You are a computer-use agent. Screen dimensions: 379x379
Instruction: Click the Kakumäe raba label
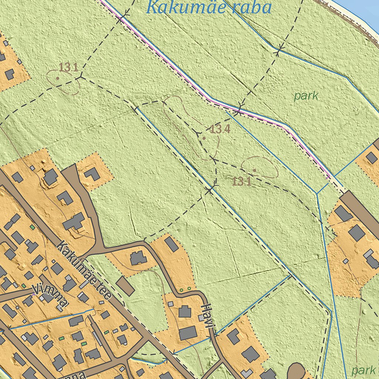point(209,7)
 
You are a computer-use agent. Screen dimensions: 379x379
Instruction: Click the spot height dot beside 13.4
point(204,138)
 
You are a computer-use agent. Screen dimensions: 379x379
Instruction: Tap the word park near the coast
point(306,96)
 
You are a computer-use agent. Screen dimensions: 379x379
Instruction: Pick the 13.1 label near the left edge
point(68,67)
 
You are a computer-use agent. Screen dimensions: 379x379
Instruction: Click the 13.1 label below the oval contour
point(242,181)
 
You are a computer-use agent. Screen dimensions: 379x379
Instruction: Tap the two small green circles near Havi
point(185,288)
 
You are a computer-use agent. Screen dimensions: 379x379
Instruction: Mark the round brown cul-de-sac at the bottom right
point(297,371)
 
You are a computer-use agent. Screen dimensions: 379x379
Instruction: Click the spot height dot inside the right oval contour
point(255,170)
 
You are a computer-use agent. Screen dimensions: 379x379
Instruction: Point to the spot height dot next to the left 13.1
point(57,78)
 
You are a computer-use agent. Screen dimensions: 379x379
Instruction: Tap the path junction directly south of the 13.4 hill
point(210,190)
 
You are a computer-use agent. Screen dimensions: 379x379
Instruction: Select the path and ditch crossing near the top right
point(281,48)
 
